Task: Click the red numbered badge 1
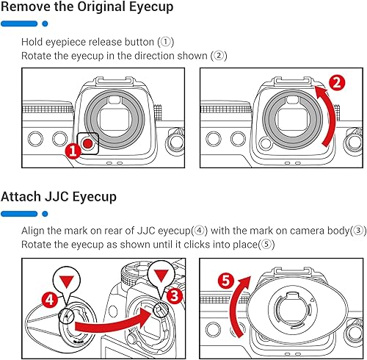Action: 73,151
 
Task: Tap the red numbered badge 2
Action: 337,83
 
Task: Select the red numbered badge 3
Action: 174,296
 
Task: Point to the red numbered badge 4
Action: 50,300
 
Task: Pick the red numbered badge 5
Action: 226,281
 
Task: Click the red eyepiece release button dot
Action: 87,144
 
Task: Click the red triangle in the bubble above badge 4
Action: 67,281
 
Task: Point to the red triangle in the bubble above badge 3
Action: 161,274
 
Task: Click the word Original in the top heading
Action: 101,7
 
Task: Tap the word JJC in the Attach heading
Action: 54,197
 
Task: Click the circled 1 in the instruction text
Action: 166,42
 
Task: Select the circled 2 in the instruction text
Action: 219,56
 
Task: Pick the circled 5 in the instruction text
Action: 266,244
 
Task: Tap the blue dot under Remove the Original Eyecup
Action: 45,24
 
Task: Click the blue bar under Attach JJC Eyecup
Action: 19,214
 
